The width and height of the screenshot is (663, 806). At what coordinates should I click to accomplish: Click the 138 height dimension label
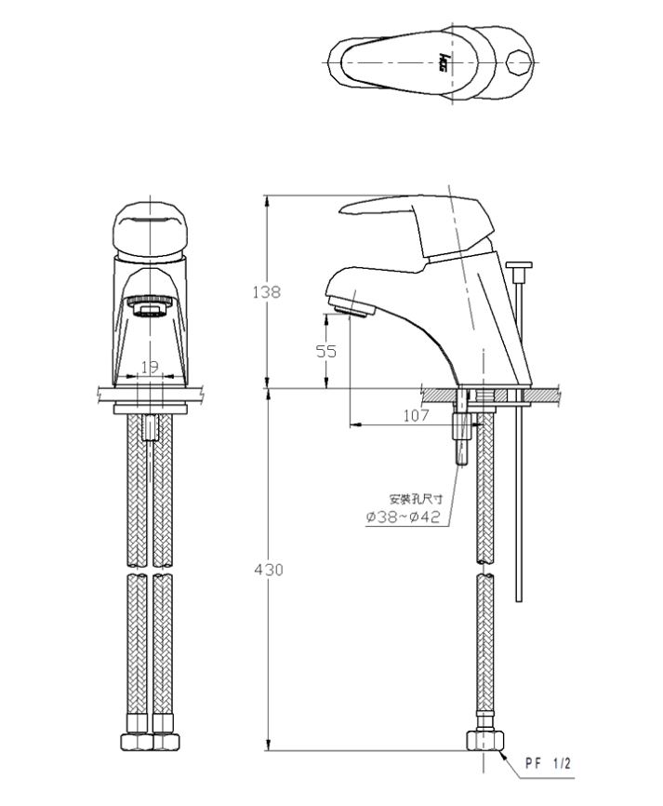267,292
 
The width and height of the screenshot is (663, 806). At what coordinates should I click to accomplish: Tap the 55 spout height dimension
326,351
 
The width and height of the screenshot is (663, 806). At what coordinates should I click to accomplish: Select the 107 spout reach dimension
416,415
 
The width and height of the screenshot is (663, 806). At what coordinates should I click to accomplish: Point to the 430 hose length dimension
269,570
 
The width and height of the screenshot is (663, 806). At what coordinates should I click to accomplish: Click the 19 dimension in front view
150,367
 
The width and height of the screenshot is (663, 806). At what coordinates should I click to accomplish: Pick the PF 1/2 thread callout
548,763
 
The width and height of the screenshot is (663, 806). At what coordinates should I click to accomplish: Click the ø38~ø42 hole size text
404,517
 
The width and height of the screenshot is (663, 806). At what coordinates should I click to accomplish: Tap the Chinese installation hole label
416,499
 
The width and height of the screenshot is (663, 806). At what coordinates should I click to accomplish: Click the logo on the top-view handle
444,62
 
